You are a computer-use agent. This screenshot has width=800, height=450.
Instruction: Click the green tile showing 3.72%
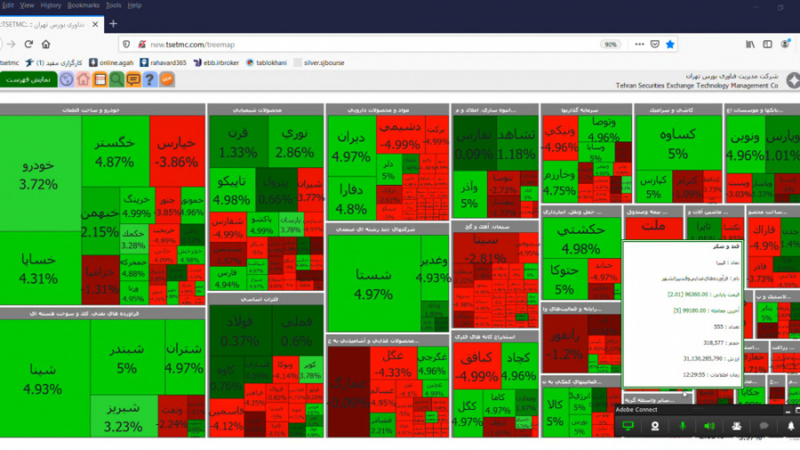40,173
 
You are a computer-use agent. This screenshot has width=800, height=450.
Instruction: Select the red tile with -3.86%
176,151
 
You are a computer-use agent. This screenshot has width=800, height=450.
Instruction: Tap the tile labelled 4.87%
115,151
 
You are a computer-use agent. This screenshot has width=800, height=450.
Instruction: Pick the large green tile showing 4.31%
40,267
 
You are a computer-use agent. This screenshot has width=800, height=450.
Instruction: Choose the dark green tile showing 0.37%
240,332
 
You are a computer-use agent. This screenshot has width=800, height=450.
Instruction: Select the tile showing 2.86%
294,142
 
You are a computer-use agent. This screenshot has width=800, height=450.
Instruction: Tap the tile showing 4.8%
350,199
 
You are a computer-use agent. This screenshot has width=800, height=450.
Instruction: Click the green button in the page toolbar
28,79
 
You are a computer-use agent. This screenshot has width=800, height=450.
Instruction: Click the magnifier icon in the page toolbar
116,79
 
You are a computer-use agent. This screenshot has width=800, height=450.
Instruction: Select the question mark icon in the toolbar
150,79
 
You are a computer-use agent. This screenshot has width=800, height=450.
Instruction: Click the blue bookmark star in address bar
670,44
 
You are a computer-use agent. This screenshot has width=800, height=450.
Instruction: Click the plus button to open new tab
113,24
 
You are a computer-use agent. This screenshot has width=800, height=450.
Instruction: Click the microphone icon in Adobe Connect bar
683,426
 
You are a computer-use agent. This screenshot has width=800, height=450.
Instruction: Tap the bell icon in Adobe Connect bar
791,426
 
